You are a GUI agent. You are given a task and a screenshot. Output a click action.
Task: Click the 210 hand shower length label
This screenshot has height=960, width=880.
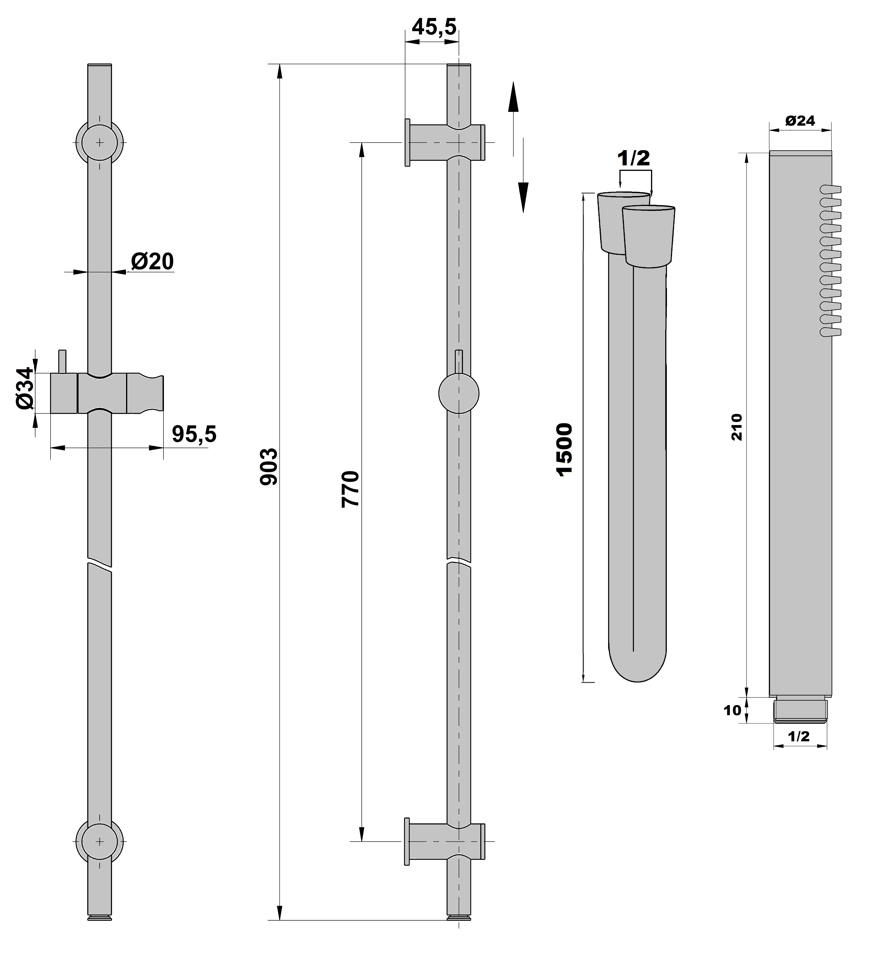click(x=737, y=427)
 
